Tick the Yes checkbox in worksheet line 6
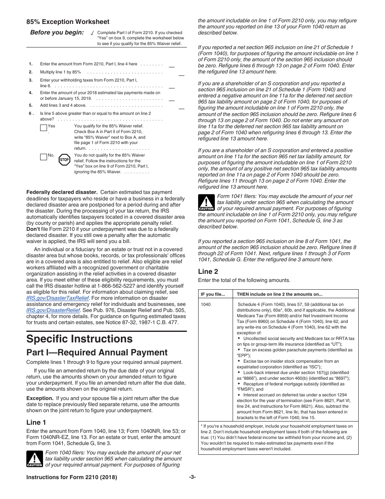click(x=43, y=128)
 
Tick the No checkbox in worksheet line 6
click(x=43, y=157)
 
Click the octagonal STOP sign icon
click(x=64, y=159)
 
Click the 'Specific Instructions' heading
click(x=79, y=339)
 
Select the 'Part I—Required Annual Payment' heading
click(x=97, y=352)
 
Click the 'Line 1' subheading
click(x=36, y=422)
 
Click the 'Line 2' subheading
click(x=208, y=271)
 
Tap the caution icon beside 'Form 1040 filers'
click(x=34, y=459)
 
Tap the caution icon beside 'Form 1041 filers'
click(x=206, y=202)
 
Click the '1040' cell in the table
click(x=205, y=304)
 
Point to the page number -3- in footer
click(x=192, y=477)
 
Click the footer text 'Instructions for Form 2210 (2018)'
click(x=72, y=477)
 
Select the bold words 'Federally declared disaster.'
click(x=62, y=192)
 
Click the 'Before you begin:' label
click(x=57, y=33)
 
